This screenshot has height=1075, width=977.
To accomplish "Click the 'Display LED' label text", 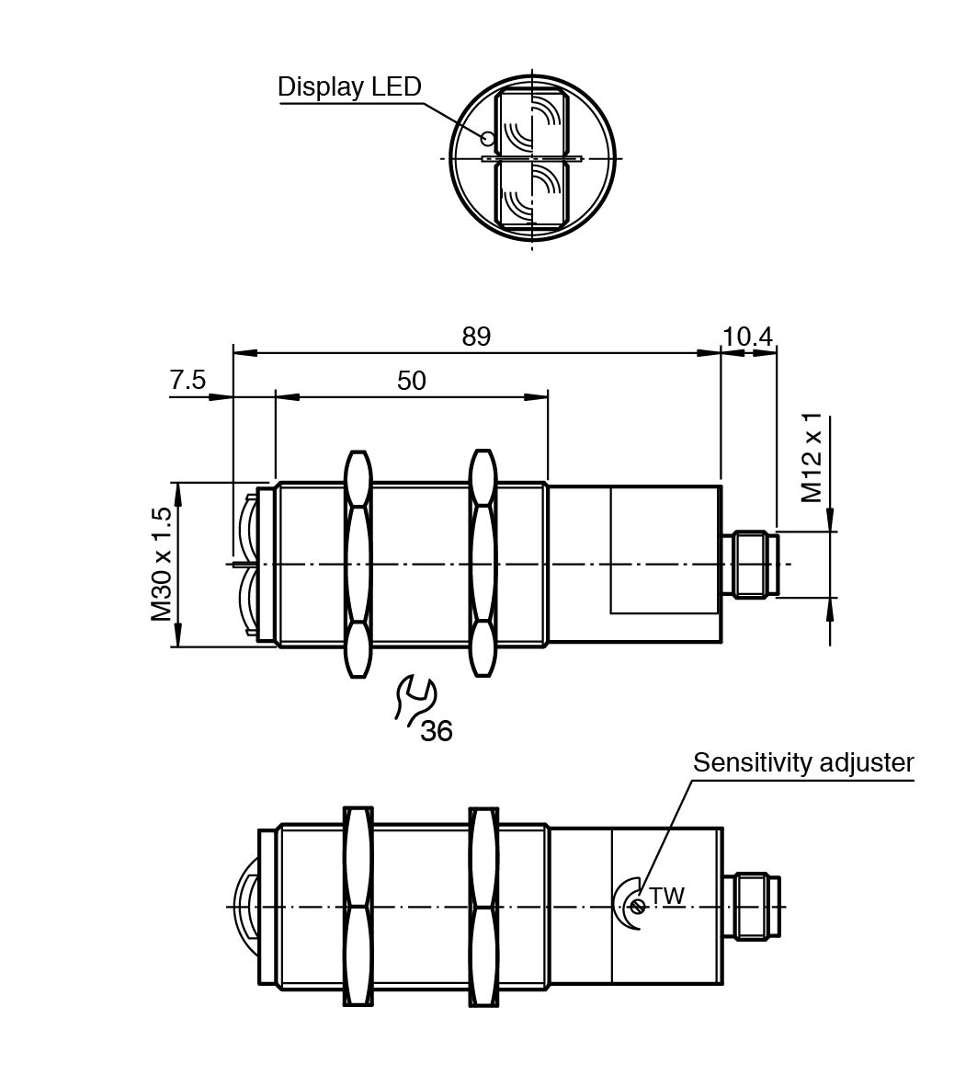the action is coord(349,86).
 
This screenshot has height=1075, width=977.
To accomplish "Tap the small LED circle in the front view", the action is coord(488,139).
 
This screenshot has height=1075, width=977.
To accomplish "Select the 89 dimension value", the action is coord(476,337).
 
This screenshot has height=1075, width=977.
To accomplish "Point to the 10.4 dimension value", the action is coord(747,337).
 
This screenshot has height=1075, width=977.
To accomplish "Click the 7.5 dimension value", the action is coord(187,380).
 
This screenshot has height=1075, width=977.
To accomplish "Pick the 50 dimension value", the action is coord(411,381).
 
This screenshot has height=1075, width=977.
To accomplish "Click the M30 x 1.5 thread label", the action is coord(162,564).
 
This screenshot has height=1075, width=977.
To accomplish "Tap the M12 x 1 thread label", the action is coord(812,458).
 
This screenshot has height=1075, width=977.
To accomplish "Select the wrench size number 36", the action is coord(437,731).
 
